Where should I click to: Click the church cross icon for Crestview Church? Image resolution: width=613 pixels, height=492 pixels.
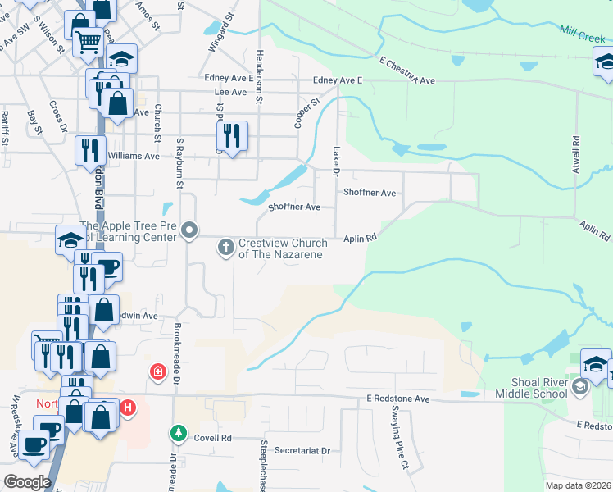pyautogui.click(x=226, y=246)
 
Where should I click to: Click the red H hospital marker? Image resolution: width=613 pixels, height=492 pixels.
pyautogui.click(x=127, y=407)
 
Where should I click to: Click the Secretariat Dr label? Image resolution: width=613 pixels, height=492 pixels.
pyautogui.click(x=302, y=451)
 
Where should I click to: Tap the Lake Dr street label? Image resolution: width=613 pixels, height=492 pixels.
pyautogui.click(x=336, y=161)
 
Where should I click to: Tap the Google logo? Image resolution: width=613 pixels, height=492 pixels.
pyautogui.click(x=27, y=482)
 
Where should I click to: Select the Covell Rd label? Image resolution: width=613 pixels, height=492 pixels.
pyautogui.click(x=212, y=438)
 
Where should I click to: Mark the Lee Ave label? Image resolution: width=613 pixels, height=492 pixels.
pyautogui.click(x=229, y=93)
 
